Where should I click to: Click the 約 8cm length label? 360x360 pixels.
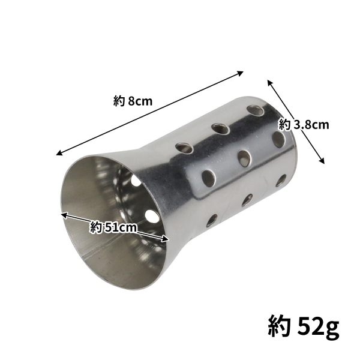point(133,101)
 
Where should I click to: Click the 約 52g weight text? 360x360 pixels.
point(303,327)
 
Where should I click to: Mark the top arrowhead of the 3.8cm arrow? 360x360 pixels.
point(269,82)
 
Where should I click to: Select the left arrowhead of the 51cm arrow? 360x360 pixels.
point(62,213)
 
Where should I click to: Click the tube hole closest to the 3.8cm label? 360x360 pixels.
point(278,137)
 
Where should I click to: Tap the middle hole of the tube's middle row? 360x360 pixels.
point(244,157)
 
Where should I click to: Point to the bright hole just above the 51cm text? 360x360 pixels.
point(149,214)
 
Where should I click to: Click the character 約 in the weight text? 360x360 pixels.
point(279,327)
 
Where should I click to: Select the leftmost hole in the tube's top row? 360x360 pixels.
point(181,146)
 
